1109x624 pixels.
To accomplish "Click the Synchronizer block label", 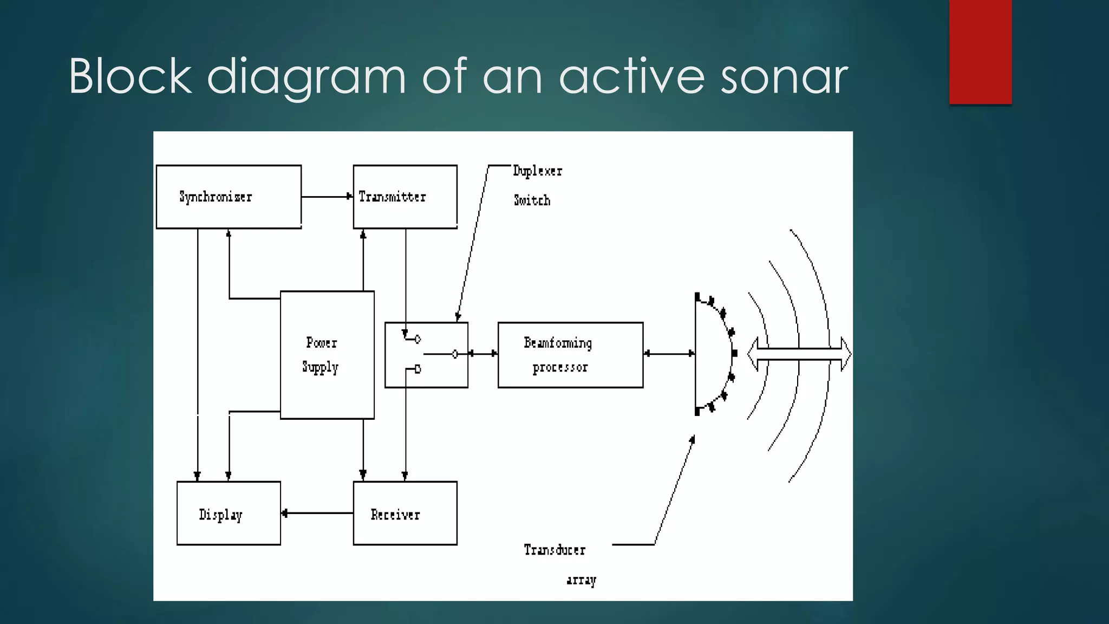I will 216,197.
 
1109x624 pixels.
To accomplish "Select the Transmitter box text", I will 392,197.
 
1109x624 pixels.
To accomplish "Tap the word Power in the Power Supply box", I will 322,343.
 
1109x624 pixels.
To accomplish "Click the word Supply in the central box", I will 320,367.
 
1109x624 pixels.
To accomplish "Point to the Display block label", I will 220,515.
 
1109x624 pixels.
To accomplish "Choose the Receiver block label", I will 395,515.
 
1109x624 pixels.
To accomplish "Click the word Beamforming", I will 558,343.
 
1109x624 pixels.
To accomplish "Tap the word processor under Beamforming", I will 560,368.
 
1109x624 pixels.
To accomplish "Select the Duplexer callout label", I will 538,171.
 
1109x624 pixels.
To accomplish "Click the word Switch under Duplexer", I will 532,200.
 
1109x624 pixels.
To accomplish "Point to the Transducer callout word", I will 554,550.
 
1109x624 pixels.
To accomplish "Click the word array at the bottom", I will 581,580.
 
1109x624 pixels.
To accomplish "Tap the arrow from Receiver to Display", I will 317,513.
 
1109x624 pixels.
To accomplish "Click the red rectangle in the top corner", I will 980,51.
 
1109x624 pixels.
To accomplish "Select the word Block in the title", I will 130,77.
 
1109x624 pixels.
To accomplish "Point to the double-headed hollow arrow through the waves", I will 799,354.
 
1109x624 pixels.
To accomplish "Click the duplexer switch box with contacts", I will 426,355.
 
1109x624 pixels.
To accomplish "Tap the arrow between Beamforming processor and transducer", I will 669,354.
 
